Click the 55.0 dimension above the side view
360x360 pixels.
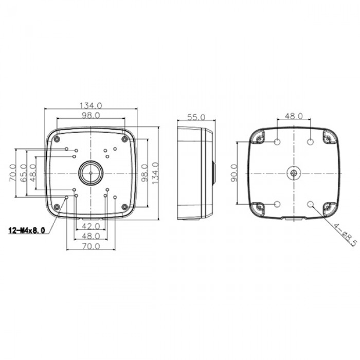point(196,117)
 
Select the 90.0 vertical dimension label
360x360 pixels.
point(233,173)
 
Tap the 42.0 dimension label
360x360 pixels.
point(91,226)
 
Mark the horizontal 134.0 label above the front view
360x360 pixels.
point(91,105)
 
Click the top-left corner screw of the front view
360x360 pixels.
point(57,139)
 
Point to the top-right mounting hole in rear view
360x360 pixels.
point(310,141)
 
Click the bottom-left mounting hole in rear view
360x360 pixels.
point(277,204)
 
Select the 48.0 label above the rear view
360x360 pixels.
point(294,117)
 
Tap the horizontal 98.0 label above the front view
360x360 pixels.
point(91,116)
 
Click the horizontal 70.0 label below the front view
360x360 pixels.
point(91,246)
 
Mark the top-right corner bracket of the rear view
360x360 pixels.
point(328,136)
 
